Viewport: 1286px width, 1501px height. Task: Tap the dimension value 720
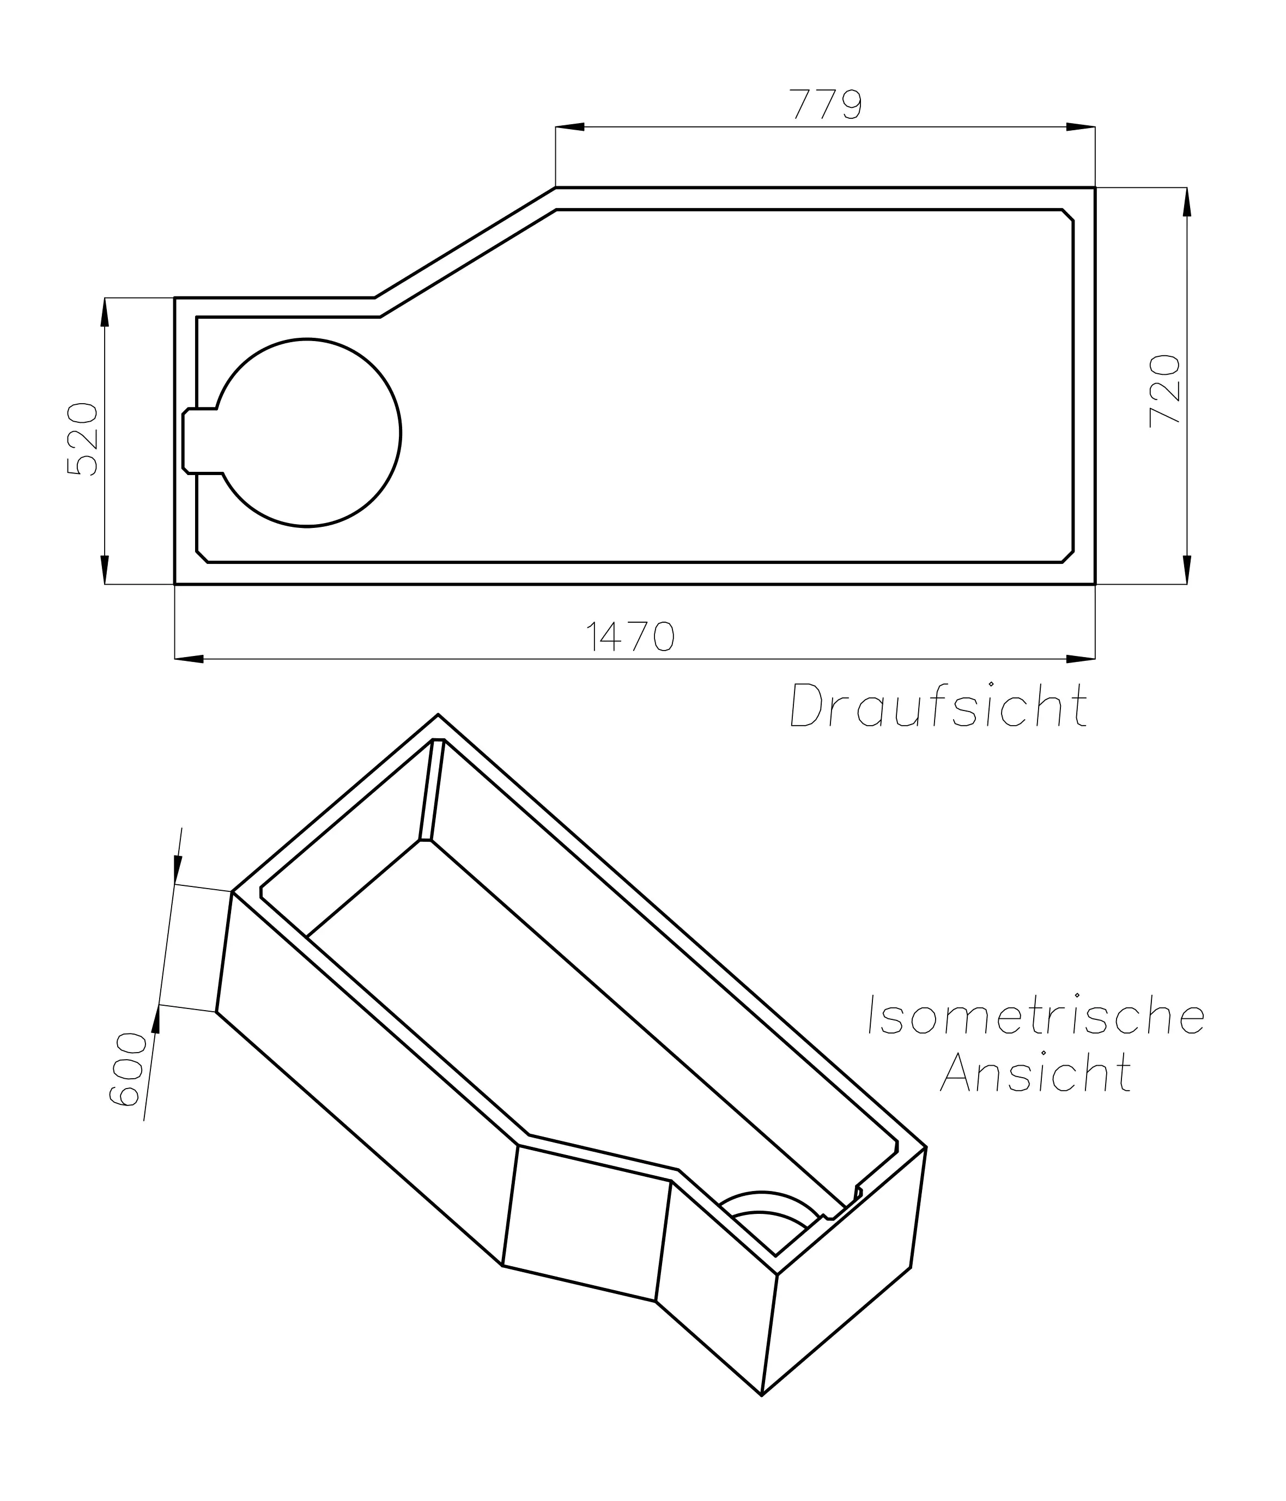[x=1166, y=391]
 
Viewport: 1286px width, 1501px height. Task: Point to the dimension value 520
[x=82, y=439]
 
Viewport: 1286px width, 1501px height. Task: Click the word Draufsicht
[x=938, y=706]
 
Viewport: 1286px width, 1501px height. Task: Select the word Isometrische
[x=1036, y=1016]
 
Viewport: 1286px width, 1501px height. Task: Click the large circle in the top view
[x=307, y=433]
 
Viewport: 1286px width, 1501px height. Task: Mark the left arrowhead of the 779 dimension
[x=570, y=127]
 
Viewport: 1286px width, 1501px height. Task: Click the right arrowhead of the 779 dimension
[x=1080, y=127]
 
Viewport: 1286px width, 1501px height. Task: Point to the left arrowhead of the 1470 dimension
[x=189, y=659]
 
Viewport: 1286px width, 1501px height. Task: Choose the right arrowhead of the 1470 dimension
[x=1080, y=659]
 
